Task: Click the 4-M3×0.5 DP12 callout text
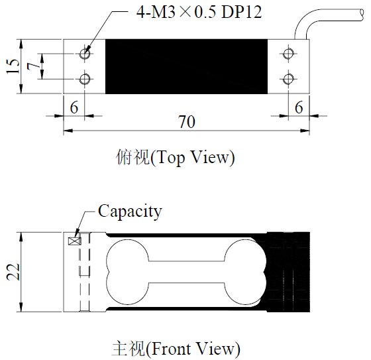point(199,12)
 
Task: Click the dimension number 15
point(13,66)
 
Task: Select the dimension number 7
point(33,66)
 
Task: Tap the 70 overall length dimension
point(187,122)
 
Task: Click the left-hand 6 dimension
point(74,107)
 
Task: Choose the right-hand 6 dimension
point(299,107)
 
